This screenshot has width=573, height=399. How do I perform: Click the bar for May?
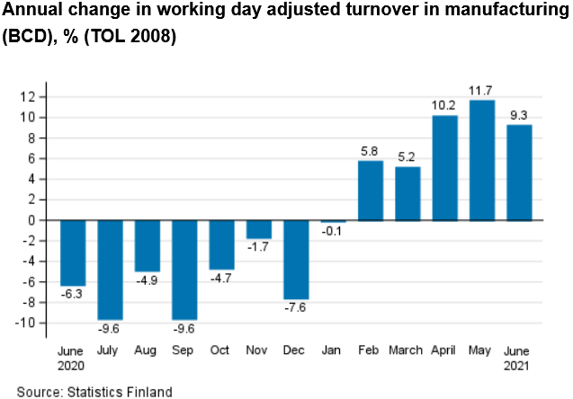[x=481, y=160]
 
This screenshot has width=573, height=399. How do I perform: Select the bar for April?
[x=444, y=168]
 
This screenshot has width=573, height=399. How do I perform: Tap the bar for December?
[x=296, y=259]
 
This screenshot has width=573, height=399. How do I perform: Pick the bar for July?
[x=110, y=269]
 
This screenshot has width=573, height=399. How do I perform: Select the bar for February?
[x=370, y=191]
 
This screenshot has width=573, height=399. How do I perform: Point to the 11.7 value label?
[x=481, y=91]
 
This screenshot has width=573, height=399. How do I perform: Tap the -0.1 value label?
[x=333, y=232]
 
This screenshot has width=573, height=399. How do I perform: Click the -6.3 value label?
[x=73, y=295]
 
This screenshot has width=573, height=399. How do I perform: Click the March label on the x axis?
[x=407, y=350]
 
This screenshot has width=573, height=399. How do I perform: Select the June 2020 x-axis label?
[x=72, y=358]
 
